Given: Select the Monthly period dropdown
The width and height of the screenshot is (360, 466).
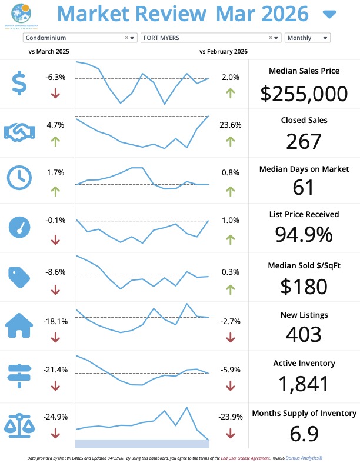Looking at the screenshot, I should [307, 38].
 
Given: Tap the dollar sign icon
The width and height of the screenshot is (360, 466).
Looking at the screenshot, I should [19, 83].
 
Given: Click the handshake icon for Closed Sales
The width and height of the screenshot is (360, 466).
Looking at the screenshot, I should [19, 132].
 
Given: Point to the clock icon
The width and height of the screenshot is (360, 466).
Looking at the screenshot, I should [19, 178].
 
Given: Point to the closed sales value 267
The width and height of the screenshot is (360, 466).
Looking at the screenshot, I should [304, 142].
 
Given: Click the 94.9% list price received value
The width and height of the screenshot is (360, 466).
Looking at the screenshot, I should [304, 234].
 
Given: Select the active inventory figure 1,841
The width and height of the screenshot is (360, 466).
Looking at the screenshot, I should [304, 384].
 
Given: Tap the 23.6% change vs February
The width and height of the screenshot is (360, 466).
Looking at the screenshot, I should [230, 125].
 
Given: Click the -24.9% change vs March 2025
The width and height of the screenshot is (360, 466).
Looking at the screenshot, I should [55, 417].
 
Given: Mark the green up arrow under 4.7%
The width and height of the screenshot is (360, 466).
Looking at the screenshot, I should [55, 141].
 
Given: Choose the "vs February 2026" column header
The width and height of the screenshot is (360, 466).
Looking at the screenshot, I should [224, 52].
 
